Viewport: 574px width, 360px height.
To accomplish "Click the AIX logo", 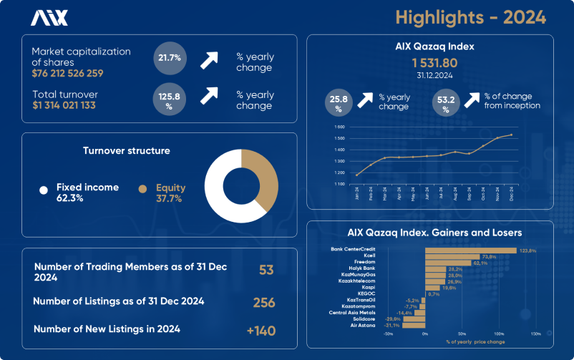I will [x=49, y=18].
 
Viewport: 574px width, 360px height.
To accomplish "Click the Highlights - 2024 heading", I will [x=471, y=16].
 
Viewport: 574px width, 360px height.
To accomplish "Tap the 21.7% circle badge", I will [x=170, y=57].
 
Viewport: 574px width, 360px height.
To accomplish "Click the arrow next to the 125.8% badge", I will [x=209, y=95].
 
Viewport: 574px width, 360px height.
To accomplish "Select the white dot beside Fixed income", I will [x=44, y=190].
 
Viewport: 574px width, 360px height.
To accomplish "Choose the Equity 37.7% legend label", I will [x=170, y=193].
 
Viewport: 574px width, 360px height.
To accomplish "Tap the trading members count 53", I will [x=266, y=269].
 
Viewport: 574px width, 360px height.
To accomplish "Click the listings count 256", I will [x=264, y=303].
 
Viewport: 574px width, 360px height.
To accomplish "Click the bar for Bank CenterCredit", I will [x=471, y=250].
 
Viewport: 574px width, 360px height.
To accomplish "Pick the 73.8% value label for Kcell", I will [x=490, y=256].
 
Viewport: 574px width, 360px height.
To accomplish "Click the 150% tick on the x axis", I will [x=535, y=334].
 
